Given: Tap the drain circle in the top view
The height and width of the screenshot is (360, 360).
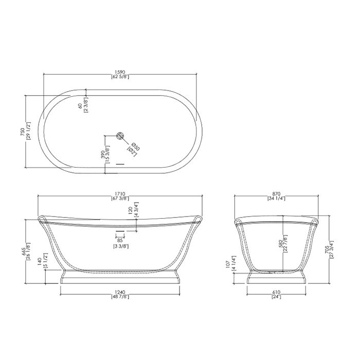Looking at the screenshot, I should pos(120,136).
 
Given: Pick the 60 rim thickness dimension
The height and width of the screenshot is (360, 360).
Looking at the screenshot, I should pos(80,106).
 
